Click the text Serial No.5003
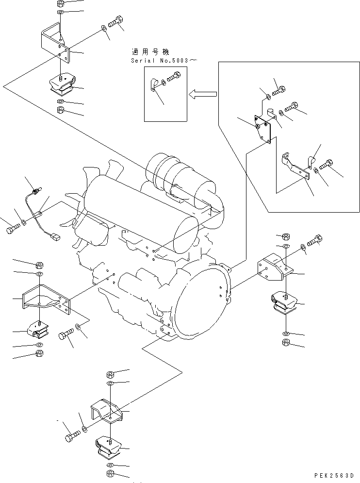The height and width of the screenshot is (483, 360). [159, 60]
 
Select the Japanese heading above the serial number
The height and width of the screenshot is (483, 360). [150, 51]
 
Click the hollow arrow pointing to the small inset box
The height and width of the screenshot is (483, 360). [203, 94]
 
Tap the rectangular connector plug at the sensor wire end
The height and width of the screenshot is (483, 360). [55, 237]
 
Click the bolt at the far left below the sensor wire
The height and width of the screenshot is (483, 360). [13, 228]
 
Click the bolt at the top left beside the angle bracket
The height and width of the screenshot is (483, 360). [115, 21]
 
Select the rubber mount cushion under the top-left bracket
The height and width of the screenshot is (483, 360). [62, 85]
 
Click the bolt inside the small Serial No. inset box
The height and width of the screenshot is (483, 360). [173, 77]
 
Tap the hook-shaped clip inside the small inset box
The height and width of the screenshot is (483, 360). [154, 84]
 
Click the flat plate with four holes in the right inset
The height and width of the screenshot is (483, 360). [262, 129]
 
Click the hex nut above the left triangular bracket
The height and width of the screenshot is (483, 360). [40, 265]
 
